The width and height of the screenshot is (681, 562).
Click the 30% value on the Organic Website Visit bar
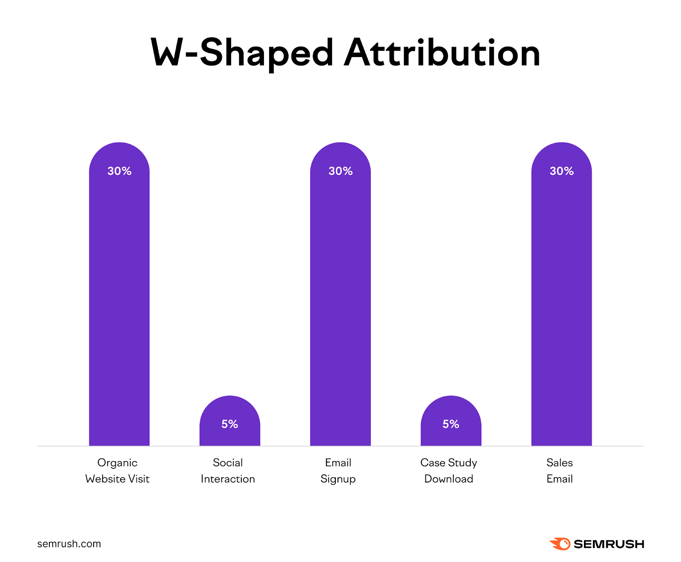(119, 171)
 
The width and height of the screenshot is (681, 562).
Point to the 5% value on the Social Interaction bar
(230, 424)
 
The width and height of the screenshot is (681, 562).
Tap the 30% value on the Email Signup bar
(340, 171)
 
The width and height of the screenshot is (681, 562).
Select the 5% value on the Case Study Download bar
(451, 424)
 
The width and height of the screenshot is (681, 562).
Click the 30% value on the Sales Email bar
(561, 171)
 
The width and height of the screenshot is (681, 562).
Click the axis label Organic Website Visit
(117, 471)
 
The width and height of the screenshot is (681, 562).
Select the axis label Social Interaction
(228, 471)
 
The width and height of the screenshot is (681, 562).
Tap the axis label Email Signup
(338, 471)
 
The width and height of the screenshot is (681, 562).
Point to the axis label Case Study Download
(449, 471)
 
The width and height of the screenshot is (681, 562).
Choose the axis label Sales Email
(559, 471)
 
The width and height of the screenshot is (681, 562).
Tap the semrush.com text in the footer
(69, 544)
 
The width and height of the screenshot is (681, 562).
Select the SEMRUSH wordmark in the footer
(609, 544)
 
